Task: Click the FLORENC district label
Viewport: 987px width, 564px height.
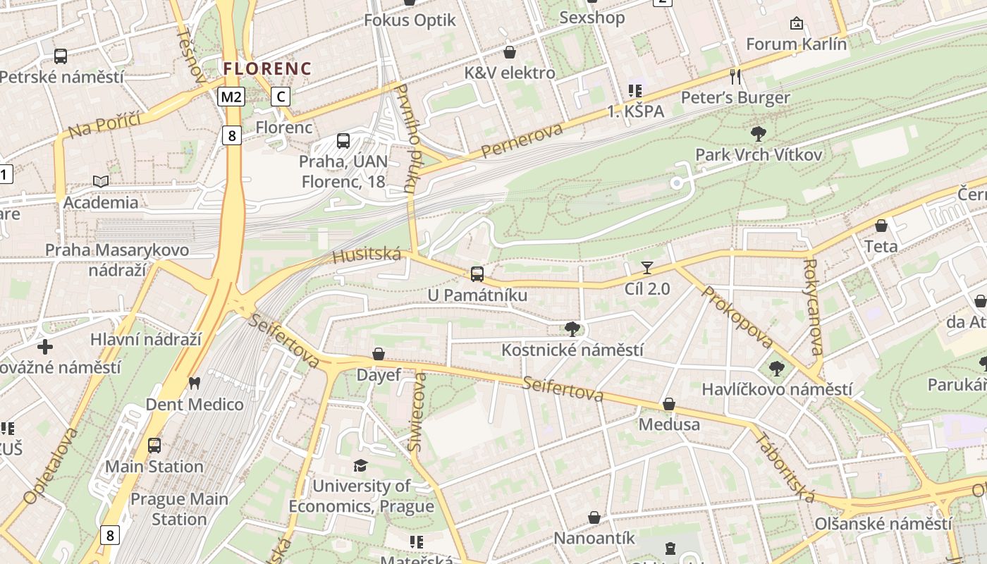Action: pyautogui.click(x=267, y=68)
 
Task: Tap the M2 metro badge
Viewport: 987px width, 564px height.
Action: pyautogui.click(x=231, y=97)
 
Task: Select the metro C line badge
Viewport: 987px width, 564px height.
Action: pyautogui.click(x=281, y=97)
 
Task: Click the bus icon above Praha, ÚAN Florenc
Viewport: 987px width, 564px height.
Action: pyautogui.click(x=343, y=141)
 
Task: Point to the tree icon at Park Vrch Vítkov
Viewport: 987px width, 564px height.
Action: pyautogui.click(x=759, y=133)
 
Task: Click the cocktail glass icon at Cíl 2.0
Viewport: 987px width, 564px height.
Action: pyautogui.click(x=647, y=267)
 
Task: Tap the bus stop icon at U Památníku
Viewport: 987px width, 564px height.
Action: pyautogui.click(x=477, y=274)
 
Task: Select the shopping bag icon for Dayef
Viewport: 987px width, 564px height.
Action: pyautogui.click(x=379, y=353)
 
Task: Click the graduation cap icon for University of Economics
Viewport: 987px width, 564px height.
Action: pyautogui.click(x=361, y=465)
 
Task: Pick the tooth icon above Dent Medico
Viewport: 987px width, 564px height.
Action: pyautogui.click(x=195, y=384)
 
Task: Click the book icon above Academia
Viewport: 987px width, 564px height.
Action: pyautogui.click(x=101, y=181)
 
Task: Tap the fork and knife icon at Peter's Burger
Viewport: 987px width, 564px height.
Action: pyautogui.click(x=735, y=76)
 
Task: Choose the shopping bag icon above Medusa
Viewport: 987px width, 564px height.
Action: pyautogui.click(x=669, y=404)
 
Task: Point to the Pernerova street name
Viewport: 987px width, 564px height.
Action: pyautogui.click(x=522, y=140)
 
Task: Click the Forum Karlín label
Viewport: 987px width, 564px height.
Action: pyautogui.click(x=796, y=44)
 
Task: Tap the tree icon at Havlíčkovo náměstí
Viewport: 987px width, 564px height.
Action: pyautogui.click(x=776, y=367)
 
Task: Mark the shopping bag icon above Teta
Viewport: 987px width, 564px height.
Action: pyautogui.click(x=881, y=226)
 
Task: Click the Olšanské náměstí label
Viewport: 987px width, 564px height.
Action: pyautogui.click(x=883, y=524)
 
